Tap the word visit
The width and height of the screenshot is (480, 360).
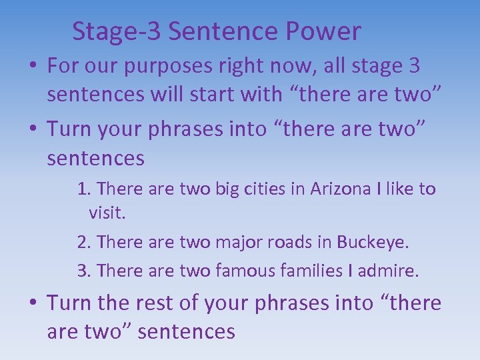(x=107, y=213)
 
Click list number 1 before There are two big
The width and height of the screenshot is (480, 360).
(x=83, y=189)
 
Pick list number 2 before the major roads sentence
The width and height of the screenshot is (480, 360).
(x=83, y=242)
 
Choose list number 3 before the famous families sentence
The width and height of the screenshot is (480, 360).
(x=83, y=271)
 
